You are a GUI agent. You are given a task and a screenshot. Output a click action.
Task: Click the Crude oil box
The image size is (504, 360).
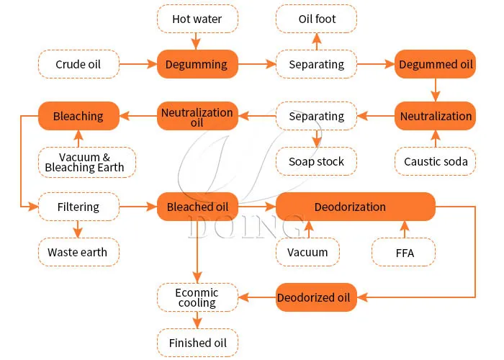(x=78, y=65)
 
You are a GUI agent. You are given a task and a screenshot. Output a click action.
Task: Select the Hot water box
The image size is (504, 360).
(x=197, y=19)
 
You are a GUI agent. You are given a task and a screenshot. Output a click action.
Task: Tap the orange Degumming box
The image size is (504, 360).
(x=197, y=65)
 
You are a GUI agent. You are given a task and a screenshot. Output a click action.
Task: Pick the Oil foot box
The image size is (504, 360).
(x=317, y=19)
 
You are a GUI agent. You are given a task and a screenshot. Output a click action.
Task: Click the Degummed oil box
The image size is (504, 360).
(x=435, y=65)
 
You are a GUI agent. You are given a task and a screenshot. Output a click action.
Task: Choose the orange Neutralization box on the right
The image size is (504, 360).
(x=435, y=116)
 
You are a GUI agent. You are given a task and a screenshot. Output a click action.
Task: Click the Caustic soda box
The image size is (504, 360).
(x=435, y=161)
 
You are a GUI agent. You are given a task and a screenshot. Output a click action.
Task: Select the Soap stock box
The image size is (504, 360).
(x=317, y=161)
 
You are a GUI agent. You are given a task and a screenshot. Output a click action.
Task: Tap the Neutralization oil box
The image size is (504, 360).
(x=197, y=117)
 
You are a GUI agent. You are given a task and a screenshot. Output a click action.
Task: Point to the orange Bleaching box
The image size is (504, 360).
(x=78, y=116)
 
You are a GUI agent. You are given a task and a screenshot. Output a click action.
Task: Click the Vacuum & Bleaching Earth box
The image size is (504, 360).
(x=85, y=162)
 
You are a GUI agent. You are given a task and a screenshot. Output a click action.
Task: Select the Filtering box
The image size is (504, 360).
(x=78, y=207)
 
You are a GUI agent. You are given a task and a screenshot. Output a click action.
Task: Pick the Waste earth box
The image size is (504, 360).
(x=78, y=252)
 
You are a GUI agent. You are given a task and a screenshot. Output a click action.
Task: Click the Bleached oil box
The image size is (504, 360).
(x=197, y=207)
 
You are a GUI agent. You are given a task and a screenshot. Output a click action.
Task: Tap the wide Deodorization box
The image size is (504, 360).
(x=356, y=207)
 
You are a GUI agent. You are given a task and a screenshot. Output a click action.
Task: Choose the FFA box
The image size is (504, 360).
(x=404, y=252)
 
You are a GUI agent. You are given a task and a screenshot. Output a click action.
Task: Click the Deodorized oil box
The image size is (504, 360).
(x=316, y=297)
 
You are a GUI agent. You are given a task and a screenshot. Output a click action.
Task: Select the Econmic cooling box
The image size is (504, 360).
(x=197, y=297)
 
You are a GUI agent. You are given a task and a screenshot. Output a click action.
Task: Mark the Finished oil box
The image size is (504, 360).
(x=197, y=343)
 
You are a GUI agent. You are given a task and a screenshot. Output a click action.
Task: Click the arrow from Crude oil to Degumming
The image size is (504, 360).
(x=138, y=65)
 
